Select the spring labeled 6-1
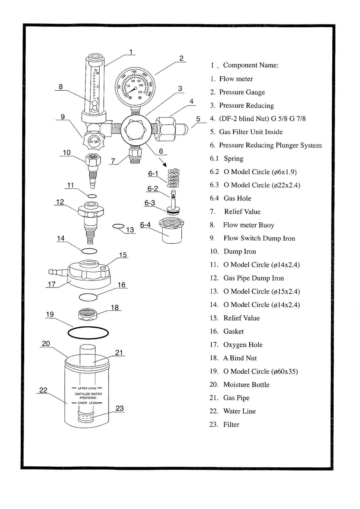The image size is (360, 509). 173,178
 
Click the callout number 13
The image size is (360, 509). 130,230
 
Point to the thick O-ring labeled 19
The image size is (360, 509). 88,333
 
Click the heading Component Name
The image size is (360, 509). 251,65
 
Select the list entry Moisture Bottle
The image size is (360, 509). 246,385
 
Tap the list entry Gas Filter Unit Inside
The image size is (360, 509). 251,132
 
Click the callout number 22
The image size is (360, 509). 43,390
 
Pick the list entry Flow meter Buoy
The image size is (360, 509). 248,225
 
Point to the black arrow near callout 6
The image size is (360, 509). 163,163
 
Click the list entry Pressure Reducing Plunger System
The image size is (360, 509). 270,145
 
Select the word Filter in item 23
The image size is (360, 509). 231,424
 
